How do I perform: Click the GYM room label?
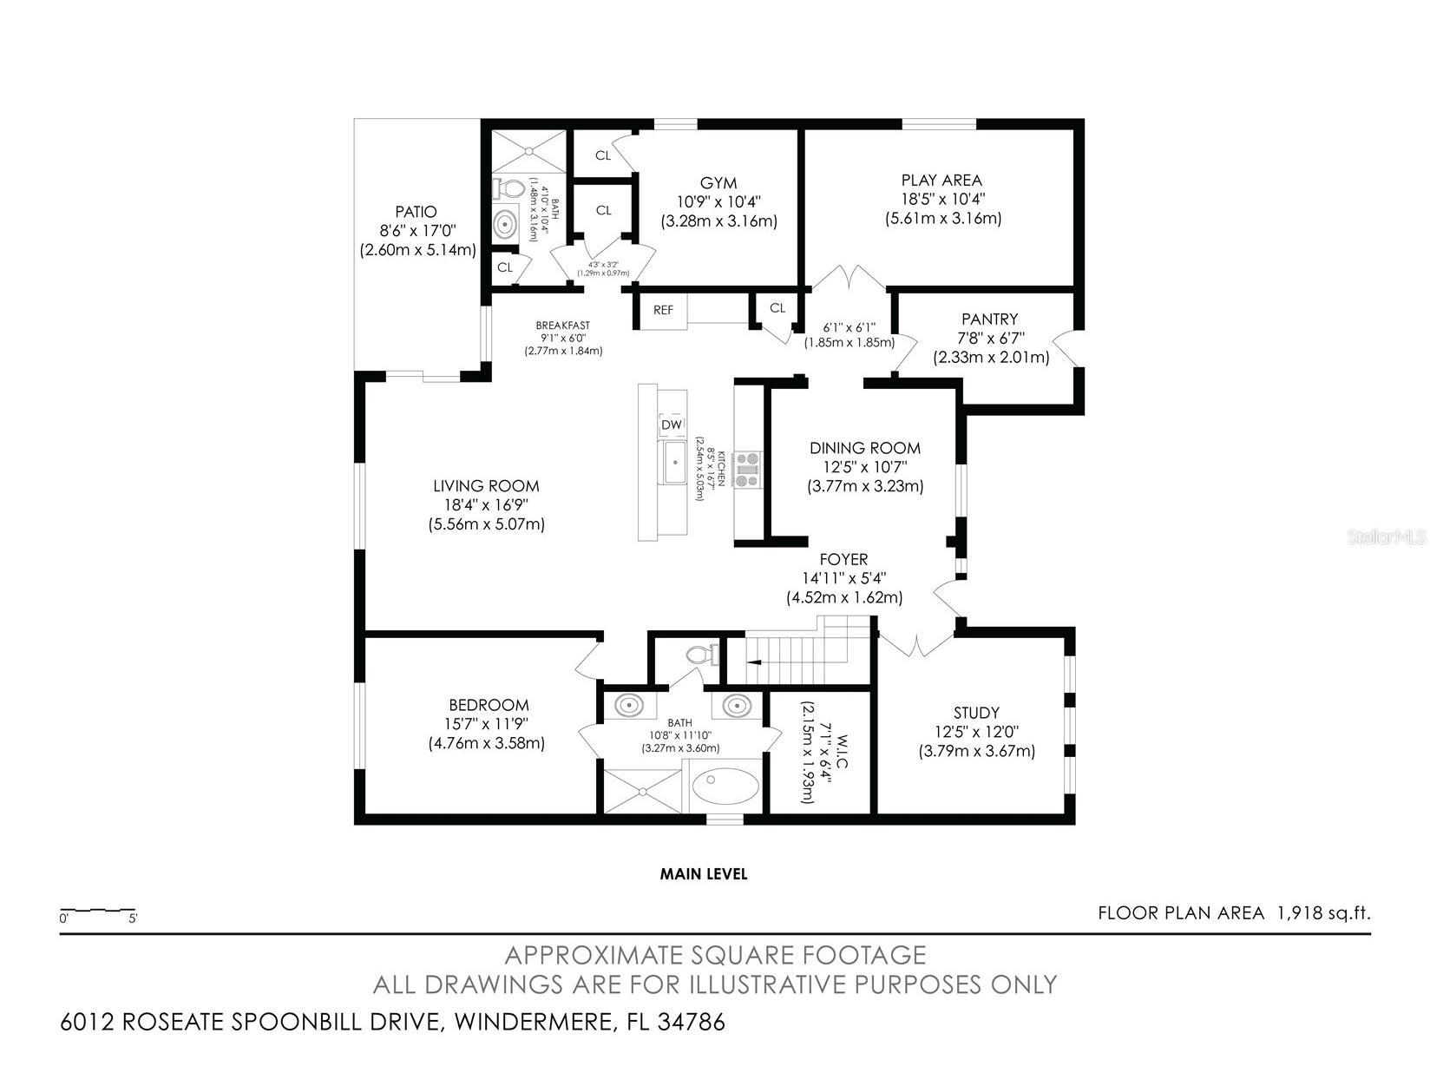(718, 183)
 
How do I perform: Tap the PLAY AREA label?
(941, 180)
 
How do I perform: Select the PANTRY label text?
(989, 319)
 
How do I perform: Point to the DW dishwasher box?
(672, 425)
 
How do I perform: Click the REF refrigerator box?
(663, 310)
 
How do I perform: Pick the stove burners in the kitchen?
(747, 469)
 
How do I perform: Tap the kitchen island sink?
(675, 462)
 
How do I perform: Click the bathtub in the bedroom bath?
(725, 787)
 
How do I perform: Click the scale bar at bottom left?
(98, 909)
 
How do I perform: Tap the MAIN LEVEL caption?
(704, 873)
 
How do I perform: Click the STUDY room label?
(976, 713)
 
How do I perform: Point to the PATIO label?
(416, 212)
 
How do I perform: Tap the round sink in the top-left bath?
(505, 225)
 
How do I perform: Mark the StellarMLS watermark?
(1387, 536)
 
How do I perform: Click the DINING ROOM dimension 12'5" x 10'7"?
(865, 467)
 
